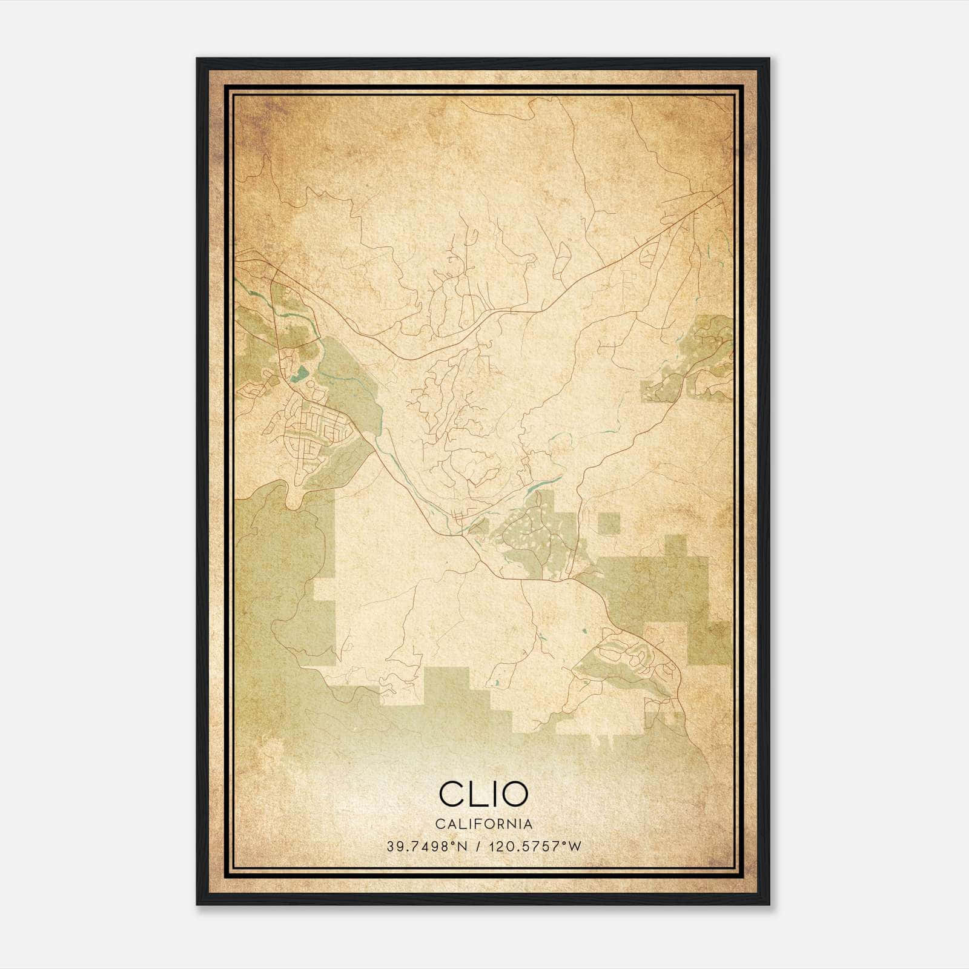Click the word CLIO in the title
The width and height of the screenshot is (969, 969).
(483, 793)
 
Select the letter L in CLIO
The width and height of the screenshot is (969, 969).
(475, 793)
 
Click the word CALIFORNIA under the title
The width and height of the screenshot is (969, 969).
(483, 824)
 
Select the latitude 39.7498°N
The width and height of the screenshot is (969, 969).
(428, 847)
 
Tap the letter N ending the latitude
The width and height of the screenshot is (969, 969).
(463, 847)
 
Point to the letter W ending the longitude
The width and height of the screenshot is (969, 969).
(575, 847)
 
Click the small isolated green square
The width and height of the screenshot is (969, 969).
(609, 523)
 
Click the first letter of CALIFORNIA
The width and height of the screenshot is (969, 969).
(438, 824)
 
